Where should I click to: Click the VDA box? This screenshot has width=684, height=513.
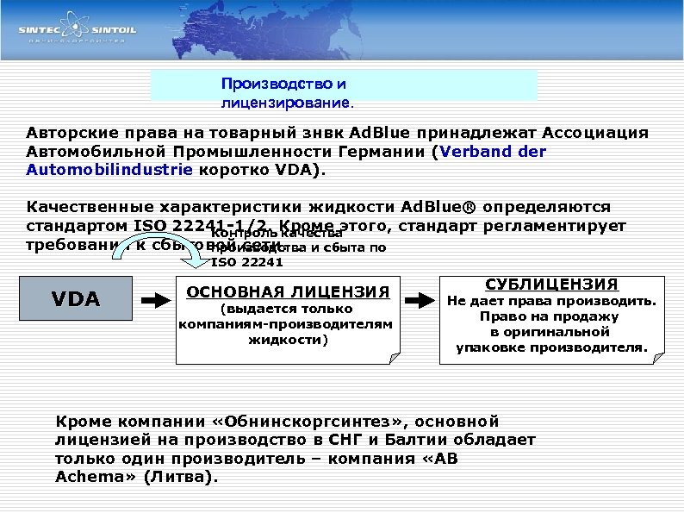coord(76,299)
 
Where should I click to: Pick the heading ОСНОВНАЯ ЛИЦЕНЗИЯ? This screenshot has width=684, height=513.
coord(287,291)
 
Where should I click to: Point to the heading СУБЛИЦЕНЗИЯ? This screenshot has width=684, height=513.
coord(552,285)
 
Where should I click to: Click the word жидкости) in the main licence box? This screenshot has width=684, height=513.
coord(288,340)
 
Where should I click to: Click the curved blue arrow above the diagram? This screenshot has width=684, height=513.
coord(195,251)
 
